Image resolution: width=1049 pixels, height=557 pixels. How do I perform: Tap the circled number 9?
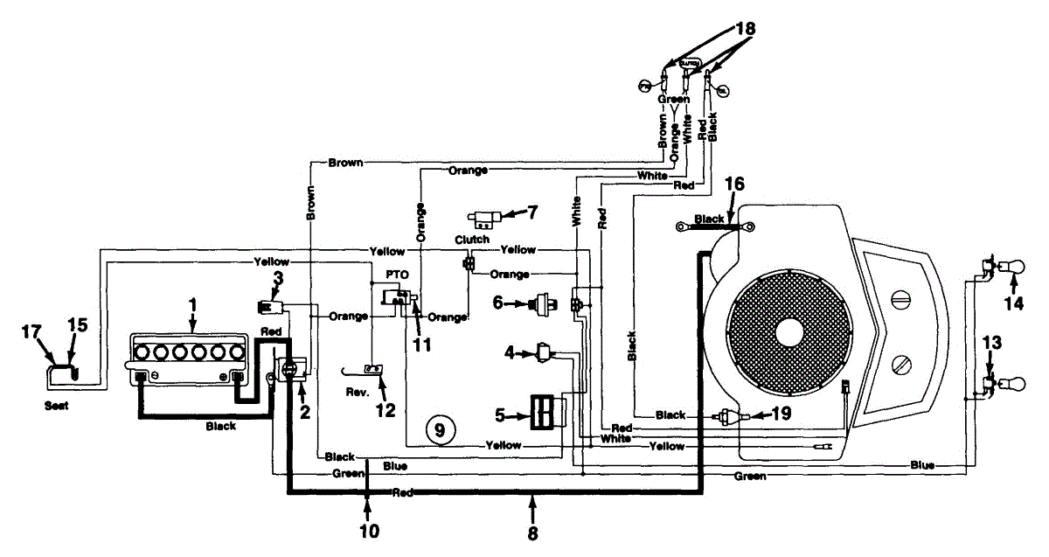pyautogui.click(x=440, y=428)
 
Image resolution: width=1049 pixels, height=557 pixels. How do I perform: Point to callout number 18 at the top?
pyautogui.click(x=745, y=28)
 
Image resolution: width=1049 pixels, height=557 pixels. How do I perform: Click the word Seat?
pyautogui.click(x=58, y=405)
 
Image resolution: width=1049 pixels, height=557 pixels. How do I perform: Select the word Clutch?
pyautogui.click(x=471, y=239)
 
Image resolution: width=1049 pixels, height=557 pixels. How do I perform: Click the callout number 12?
pyautogui.click(x=385, y=408)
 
